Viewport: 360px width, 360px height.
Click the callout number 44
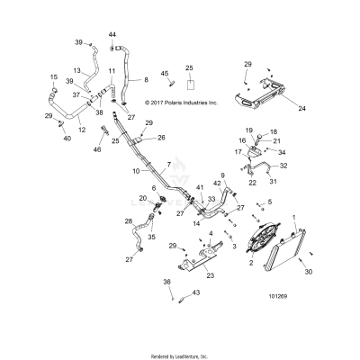tap(112, 34)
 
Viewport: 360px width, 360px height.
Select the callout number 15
tap(53, 77)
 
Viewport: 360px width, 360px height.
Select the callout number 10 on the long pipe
tap(137, 170)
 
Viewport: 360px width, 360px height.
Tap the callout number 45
tap(164, 73)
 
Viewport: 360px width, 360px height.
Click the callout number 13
tap(77, 70)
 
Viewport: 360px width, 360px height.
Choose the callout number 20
tap(142, 198)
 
